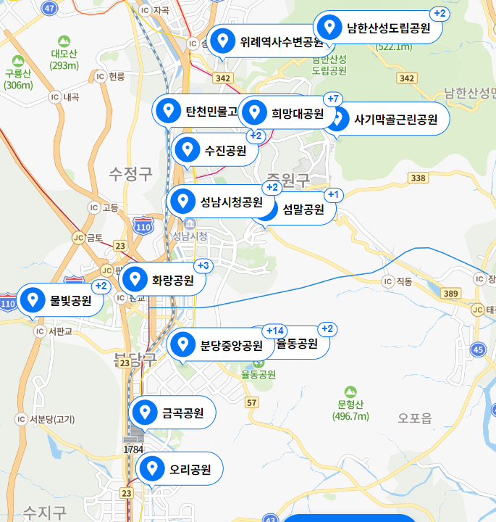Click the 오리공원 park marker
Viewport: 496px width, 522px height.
(x=179, y=470)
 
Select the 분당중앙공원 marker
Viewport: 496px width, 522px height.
(x=221, y=345)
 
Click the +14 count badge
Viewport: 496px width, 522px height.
(x=275, y=331)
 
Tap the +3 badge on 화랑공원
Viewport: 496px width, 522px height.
(x=203, y=265)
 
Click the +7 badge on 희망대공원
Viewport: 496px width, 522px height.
(x=334, y=99)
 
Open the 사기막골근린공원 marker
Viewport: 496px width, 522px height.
(x=387, y=120)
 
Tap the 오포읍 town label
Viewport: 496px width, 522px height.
(x=415, y=417)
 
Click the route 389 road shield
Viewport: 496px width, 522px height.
(x=450, y=293)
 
